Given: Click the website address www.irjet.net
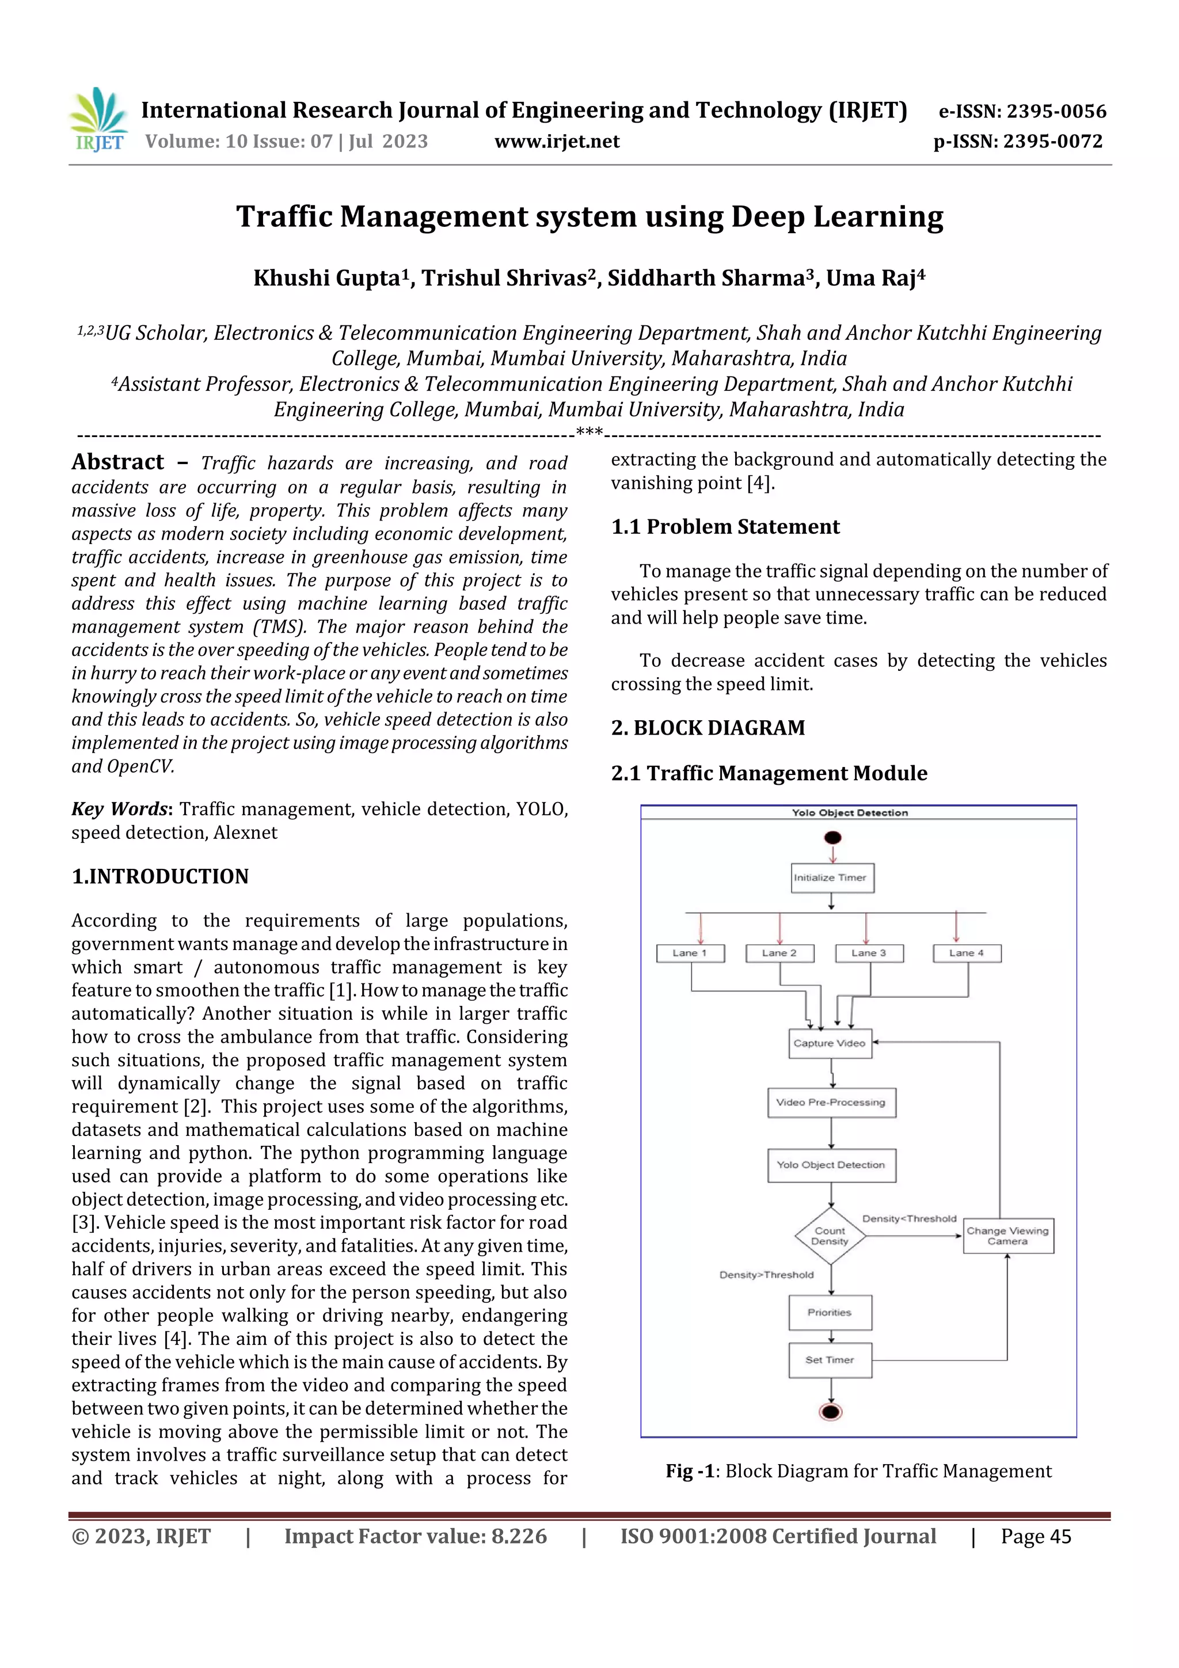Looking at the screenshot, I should [557, 142].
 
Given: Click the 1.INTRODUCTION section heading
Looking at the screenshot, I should [160, 876].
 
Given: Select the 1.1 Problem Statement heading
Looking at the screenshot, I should [725, 527].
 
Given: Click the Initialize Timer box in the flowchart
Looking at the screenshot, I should [832, 877].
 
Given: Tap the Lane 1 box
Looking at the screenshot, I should [690, 953].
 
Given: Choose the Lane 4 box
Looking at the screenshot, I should [967, 953].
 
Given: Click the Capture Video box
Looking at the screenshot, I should [830, 1043].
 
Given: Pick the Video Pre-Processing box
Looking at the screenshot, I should [831, 1102].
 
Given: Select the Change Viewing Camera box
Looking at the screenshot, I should [1007, 1236].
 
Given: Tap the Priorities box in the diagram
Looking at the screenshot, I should [830, 1313].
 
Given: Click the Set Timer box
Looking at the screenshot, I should [830, 1360].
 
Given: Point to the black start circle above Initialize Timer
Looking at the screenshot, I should [832, 838].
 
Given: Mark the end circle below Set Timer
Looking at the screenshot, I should [830, 1412].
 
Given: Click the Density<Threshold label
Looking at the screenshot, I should [909, 1219].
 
